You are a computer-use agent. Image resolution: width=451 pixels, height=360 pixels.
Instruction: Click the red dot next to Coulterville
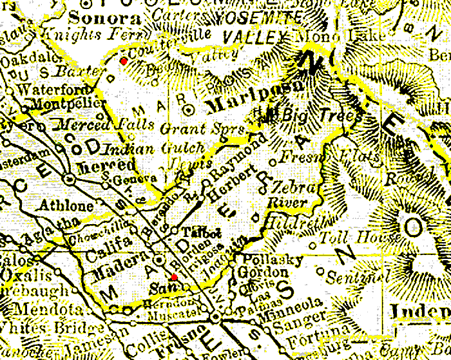(x=123, y=61)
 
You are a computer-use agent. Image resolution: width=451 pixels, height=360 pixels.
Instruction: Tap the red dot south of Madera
(x=174, y=277)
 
